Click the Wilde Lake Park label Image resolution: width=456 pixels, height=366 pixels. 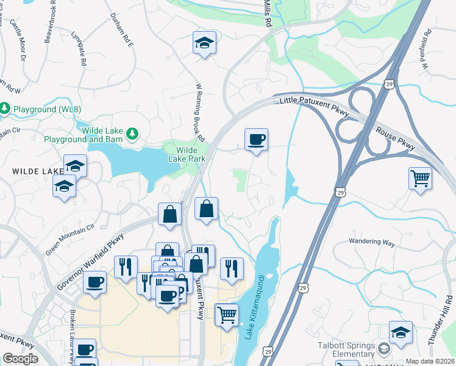tap(187, 154)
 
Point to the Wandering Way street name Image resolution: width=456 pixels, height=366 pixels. tap(372, 242)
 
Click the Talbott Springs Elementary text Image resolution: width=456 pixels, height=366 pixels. tap(346, 350)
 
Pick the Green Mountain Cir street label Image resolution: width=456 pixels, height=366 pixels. tap(71, 239)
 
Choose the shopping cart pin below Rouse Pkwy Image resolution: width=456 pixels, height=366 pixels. tap(420, 179)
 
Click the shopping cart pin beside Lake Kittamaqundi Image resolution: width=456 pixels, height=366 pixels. tap(227, 315)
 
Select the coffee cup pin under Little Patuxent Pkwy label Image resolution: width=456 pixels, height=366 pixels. tap(256, 140)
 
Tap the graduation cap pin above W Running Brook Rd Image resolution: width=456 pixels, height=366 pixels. tap(205, 43)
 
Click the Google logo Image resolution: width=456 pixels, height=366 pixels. tap(20, 359)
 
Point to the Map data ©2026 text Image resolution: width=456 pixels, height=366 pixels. tap(430, 361)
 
